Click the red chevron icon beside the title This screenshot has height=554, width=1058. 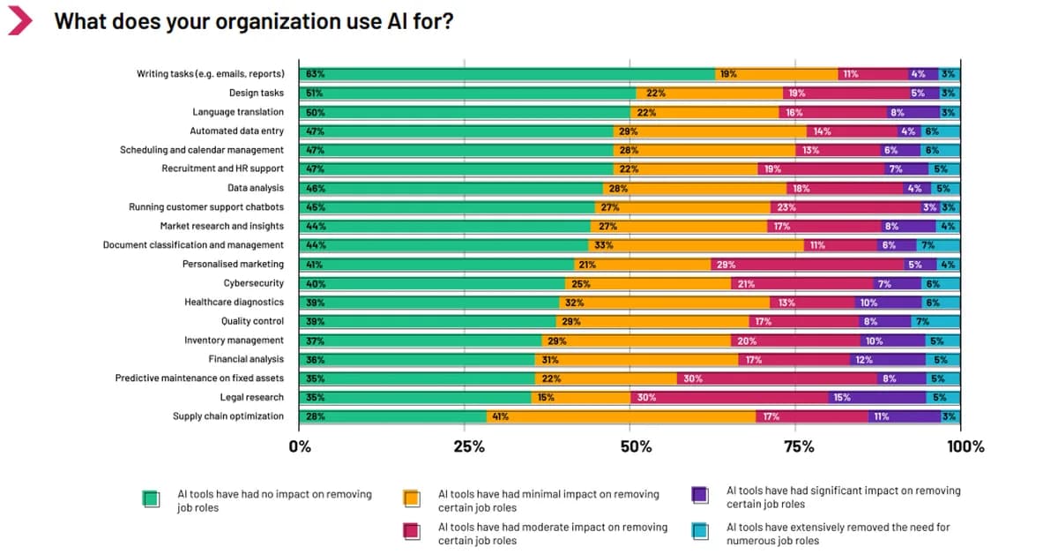19,21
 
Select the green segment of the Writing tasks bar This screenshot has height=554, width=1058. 507,74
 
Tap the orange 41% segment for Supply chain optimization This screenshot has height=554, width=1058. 621,416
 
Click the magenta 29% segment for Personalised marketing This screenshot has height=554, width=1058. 808,264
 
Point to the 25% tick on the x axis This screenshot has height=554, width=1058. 469,446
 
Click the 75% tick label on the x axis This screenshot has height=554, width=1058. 799,446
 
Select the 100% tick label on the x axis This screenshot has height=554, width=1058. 965,446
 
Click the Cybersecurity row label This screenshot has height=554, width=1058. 254,283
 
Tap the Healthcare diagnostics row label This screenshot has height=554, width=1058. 234,302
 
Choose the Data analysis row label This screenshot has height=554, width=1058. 256,188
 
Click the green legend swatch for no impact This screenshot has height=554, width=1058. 151,499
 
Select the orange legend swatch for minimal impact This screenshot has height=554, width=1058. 412,499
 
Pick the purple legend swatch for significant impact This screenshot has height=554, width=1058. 700,496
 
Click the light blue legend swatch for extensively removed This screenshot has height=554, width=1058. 700,533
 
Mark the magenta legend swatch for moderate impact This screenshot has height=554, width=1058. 412,533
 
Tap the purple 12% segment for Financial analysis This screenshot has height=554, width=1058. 887,359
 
